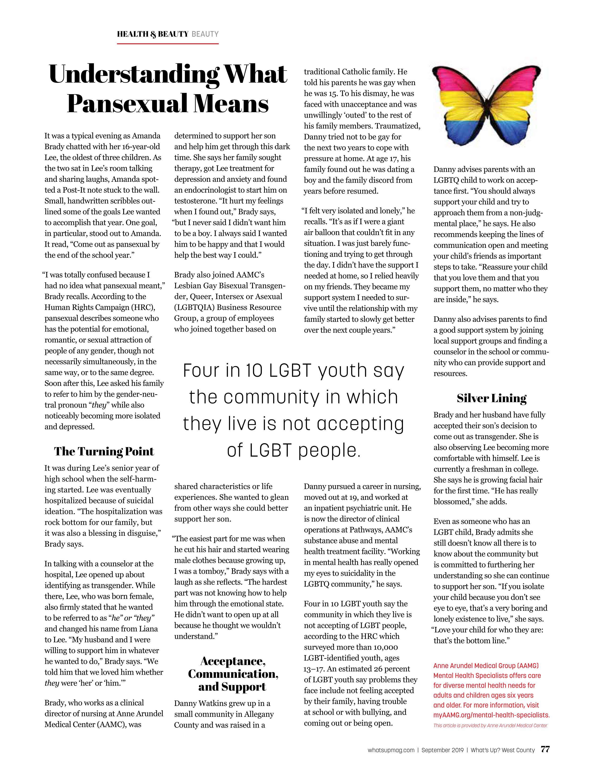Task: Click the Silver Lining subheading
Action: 491,398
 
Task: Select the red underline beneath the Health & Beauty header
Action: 168,44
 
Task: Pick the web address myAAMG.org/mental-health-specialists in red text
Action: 491,715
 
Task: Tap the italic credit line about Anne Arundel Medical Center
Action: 490,726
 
